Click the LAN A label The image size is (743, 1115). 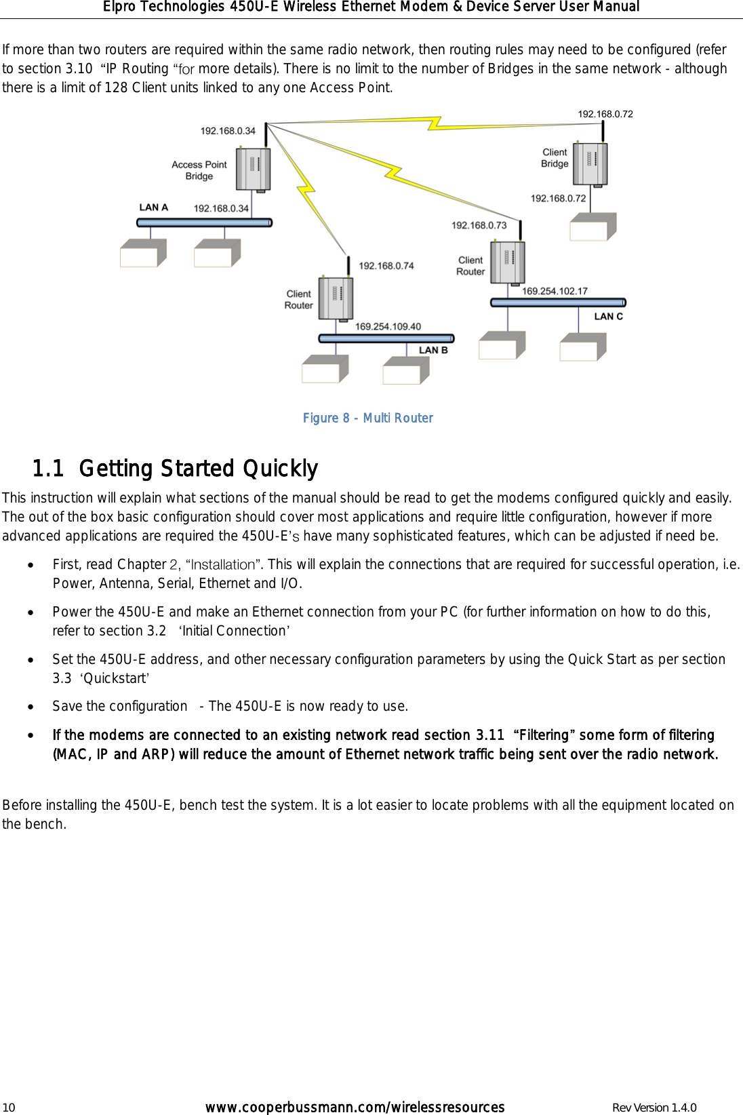click(153, 208)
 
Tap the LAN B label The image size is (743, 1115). click(433, 351)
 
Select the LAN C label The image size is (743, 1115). click(608, 317)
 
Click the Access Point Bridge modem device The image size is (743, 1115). click(253, 169)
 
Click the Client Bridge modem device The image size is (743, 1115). click(590, 163)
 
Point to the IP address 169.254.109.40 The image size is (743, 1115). click(388, 327)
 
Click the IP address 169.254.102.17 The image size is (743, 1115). click(555, 292)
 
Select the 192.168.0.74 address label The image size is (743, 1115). click(386, 266)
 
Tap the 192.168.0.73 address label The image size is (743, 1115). click(479, 226)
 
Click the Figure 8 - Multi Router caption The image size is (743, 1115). click(367, 418)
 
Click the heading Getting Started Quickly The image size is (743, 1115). click(198, 469)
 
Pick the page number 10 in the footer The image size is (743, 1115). click(8, 1108)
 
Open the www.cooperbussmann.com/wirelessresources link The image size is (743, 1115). click(355, 1108)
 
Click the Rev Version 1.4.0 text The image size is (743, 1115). click(654, 1108)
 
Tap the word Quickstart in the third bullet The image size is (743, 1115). click(115, 678)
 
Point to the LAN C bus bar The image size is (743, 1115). click(557, 302)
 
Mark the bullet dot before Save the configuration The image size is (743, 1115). click(31, 707)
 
